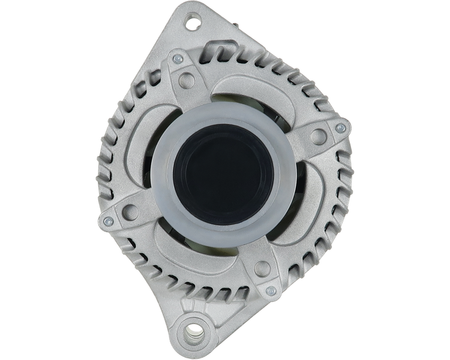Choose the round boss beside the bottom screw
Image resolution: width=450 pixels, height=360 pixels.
click(x=260, y=266)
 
